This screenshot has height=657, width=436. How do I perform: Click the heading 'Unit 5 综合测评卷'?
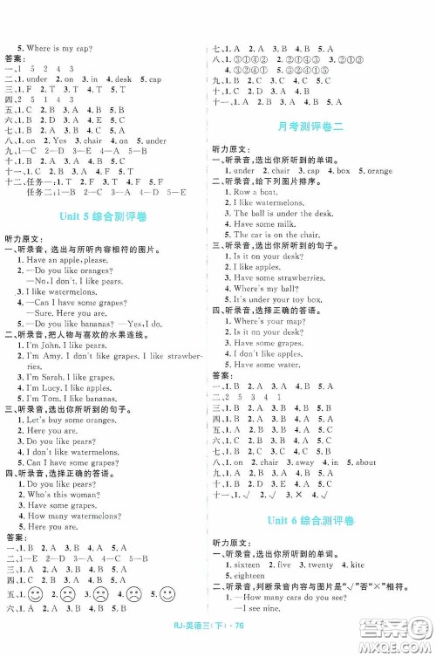[x=108, y=192]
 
